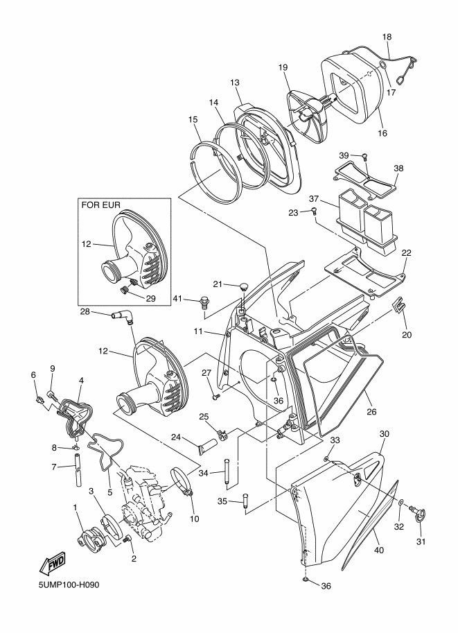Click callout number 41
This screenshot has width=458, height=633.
point(177,299)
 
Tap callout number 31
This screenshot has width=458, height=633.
point(421,541)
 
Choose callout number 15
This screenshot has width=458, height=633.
point(193,119)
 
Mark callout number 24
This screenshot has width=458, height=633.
point(176,437)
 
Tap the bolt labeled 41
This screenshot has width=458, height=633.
point(204,301)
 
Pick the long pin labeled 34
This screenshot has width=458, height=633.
point(226,475)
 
